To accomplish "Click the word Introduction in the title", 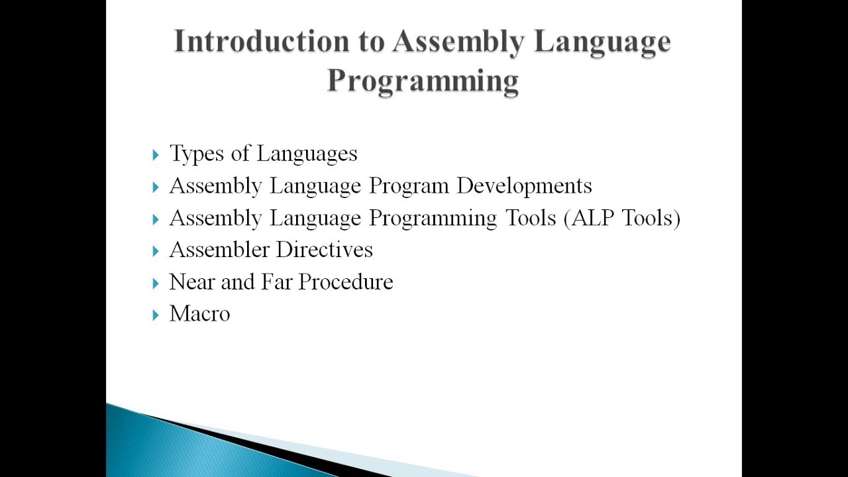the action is (x=262, y=41).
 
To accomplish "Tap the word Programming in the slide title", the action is (x=423, y=81).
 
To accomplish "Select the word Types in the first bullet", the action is (x=197, y=154).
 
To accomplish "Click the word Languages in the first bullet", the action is (x=307, y=154).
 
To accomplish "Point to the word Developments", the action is (x=524, y=186).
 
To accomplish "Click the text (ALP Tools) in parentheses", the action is (x=622, y=218).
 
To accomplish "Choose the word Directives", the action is (x=325, y=250).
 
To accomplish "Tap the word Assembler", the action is (x=219, y=250).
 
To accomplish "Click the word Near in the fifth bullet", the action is (x=192, y=282).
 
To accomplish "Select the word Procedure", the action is (x=346, y=282).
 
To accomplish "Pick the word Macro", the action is (x=199, y=314).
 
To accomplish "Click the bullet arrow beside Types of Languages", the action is (x=155, y=155).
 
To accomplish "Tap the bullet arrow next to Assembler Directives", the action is (x=155, y=251).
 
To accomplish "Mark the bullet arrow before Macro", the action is (x=155, y=315).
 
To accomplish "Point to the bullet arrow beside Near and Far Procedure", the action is (x=155, y=283).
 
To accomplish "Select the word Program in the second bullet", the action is (x=409, y=186).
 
